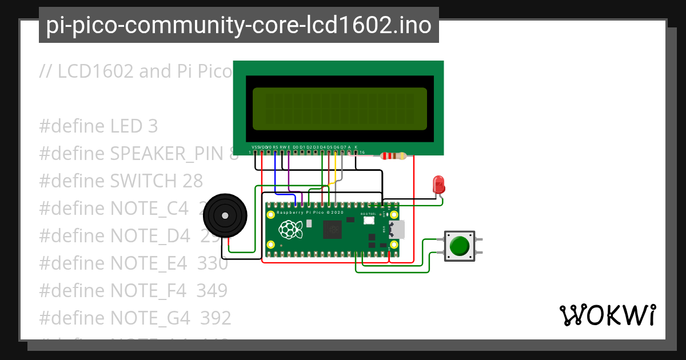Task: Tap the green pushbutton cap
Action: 459,246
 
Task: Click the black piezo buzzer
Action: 225,215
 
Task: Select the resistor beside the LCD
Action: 393,156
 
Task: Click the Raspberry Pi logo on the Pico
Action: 290,230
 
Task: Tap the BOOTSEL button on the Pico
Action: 369,220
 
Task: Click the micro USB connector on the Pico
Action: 396,230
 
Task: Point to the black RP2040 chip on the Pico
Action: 332,230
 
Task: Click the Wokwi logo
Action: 607,315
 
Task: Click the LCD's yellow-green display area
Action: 340,109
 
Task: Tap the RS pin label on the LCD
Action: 276,147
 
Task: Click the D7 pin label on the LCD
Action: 342,147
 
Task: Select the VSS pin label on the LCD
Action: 255,147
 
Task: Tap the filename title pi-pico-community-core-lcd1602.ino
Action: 238,26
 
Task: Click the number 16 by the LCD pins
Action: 362,153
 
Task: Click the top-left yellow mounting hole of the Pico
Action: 271,215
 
